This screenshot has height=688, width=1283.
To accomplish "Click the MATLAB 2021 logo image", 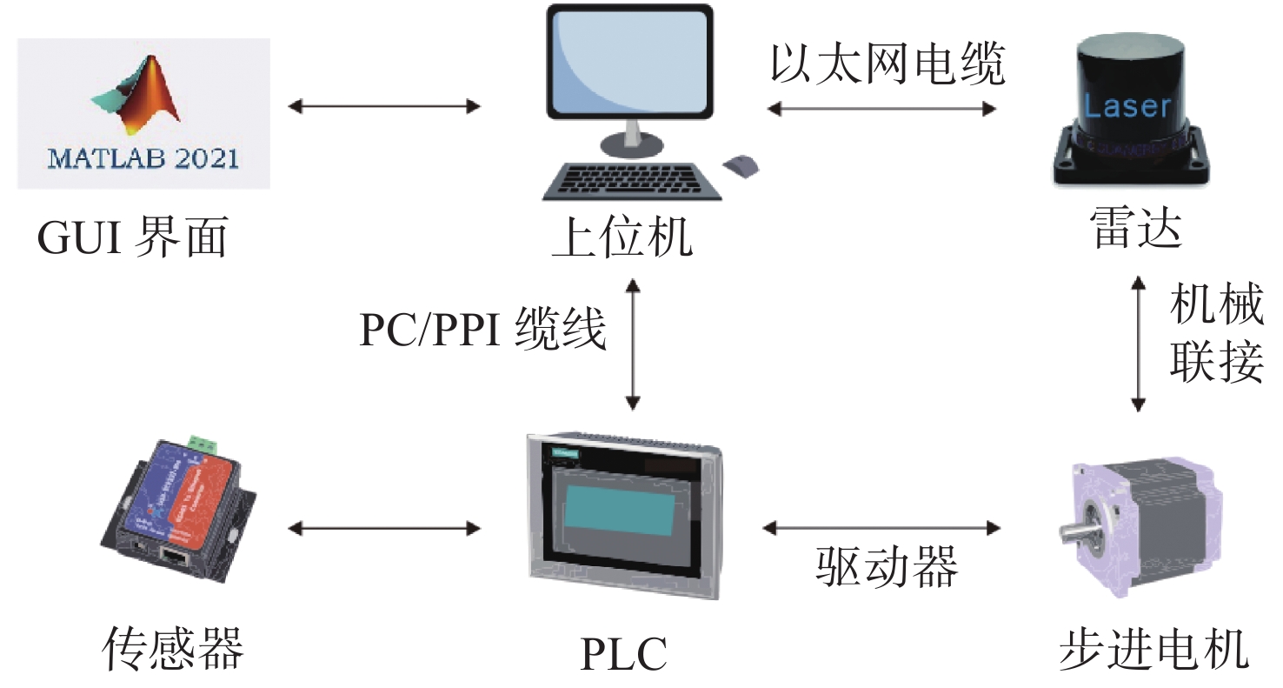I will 143,113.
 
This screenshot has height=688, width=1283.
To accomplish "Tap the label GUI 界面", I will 132,237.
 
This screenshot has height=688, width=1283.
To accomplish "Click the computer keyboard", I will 629,180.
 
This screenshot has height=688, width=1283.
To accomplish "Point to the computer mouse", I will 741,164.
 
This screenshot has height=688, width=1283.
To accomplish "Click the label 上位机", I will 622,237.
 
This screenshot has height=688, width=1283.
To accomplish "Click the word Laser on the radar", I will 1127,107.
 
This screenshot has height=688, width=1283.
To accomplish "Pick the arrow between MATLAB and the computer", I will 383,107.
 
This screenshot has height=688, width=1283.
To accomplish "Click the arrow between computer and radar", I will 881,109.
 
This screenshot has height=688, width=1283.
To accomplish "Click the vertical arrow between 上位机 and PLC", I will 633,344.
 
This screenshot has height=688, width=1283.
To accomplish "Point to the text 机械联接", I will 1216,333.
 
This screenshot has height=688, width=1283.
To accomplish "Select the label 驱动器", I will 887,567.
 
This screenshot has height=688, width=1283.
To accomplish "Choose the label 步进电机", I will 1153,648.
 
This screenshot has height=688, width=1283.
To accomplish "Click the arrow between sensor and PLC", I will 383,527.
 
